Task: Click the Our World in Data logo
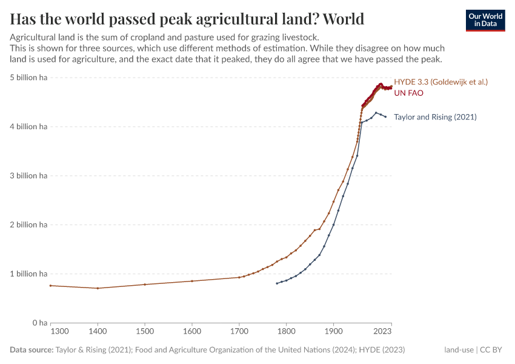coord(485,19)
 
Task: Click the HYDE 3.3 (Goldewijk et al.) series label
coord(440,81)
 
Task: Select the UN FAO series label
coord(408,93)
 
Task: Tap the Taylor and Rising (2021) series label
coord(435,116)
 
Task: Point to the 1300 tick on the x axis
coord(59,332)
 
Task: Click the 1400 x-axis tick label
coord(98,332)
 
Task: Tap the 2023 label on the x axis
coord(382,332)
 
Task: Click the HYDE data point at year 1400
coord(98,288)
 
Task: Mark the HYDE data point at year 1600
coord(192,281)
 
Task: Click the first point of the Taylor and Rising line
coord(277,283)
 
